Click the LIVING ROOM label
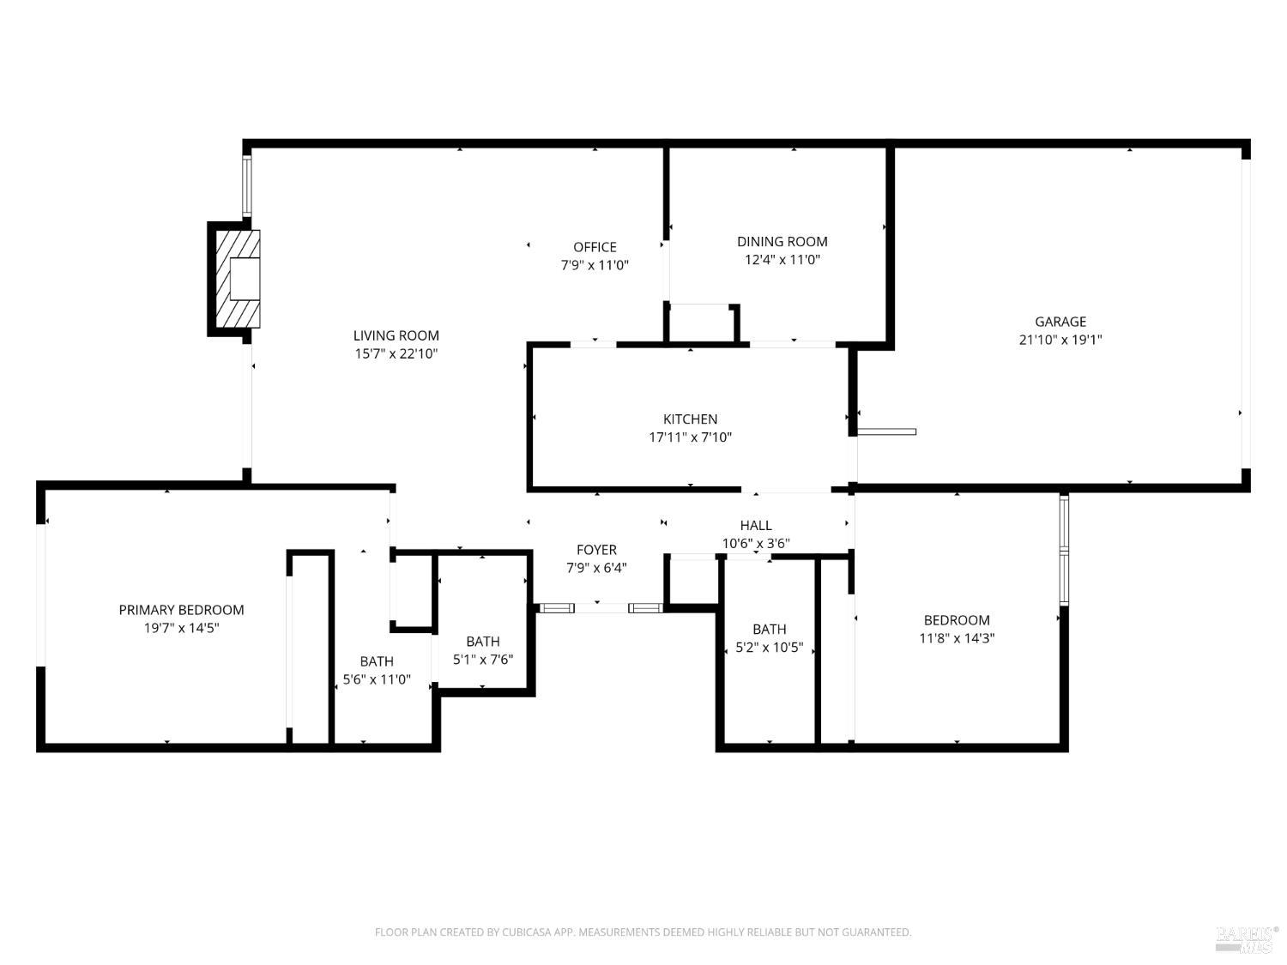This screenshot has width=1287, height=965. pos(396,335)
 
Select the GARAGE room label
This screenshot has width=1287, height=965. pos(1060,322)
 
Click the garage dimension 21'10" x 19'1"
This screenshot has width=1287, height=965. pos(1060,340)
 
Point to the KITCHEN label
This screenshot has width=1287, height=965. pos(690,419)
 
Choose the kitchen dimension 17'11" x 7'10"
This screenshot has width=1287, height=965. pos(690,437)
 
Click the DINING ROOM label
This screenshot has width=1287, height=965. pos(782,242)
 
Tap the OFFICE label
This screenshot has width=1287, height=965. pos(595,247)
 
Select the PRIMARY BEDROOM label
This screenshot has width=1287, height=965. pos(181,610)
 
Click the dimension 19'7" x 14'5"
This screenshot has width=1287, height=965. pos(181,628)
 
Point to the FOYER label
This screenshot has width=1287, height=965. pos(596,550)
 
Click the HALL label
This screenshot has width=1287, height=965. pos(756,525)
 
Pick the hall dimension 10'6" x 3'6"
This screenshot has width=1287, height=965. pos(756,543)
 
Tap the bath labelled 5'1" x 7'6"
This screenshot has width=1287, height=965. pos(483,650)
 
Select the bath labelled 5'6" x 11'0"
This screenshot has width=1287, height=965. pos(377,671)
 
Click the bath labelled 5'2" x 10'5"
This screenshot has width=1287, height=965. pos(770,638)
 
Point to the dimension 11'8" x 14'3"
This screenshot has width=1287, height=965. pos(957,638)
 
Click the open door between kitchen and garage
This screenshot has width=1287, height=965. pos(887,431)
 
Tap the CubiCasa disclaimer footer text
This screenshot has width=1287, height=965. pos(643,932)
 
